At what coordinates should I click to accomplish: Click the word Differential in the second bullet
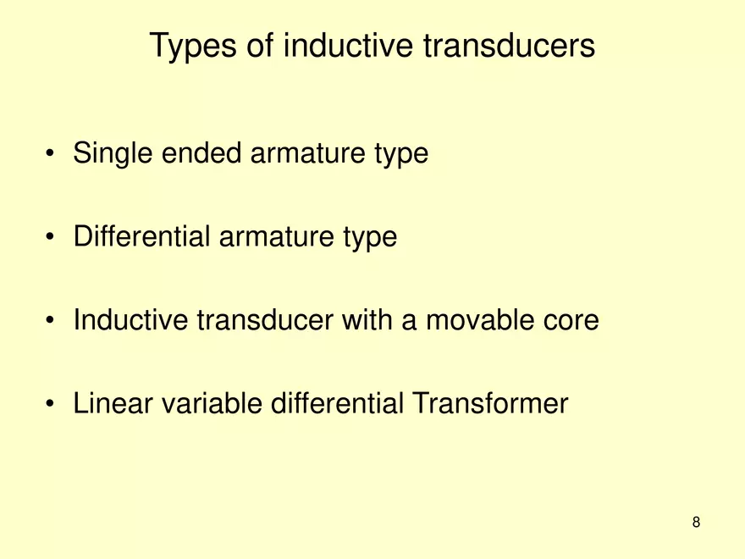[x=142, y=237]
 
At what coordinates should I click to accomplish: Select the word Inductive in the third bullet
[x=131, y=320]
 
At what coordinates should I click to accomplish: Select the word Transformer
[x=489, y=404]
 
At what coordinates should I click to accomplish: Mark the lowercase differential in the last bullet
[x=337, y=404]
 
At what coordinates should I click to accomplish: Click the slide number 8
[x=696, y=522]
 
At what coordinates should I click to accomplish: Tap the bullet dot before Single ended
[x=52, y=155]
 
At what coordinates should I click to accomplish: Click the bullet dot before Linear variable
[x=52, y=405]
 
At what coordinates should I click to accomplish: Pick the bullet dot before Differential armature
[x=52, y=238]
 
